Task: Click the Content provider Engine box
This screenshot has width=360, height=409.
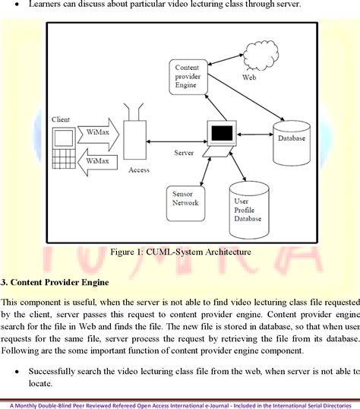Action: (187, 76)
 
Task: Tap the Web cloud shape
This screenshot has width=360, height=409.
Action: (248, 66)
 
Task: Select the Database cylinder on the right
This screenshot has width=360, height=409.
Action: (291, 138)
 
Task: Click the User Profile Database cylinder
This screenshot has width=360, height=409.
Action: (248, 206)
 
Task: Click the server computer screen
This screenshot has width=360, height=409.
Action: (222, 134)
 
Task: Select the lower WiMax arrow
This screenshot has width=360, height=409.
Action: (98, 160)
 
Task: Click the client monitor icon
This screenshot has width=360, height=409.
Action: (62, 137)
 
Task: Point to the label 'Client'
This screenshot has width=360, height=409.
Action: (61, 120)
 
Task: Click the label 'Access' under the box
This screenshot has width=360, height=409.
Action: (140, 170)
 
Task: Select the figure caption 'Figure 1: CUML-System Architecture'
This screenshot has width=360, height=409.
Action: (181, 252)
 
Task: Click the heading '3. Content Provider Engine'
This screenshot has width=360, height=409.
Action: (55, 282)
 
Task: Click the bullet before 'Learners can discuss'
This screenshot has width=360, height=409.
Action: (14, 5)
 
